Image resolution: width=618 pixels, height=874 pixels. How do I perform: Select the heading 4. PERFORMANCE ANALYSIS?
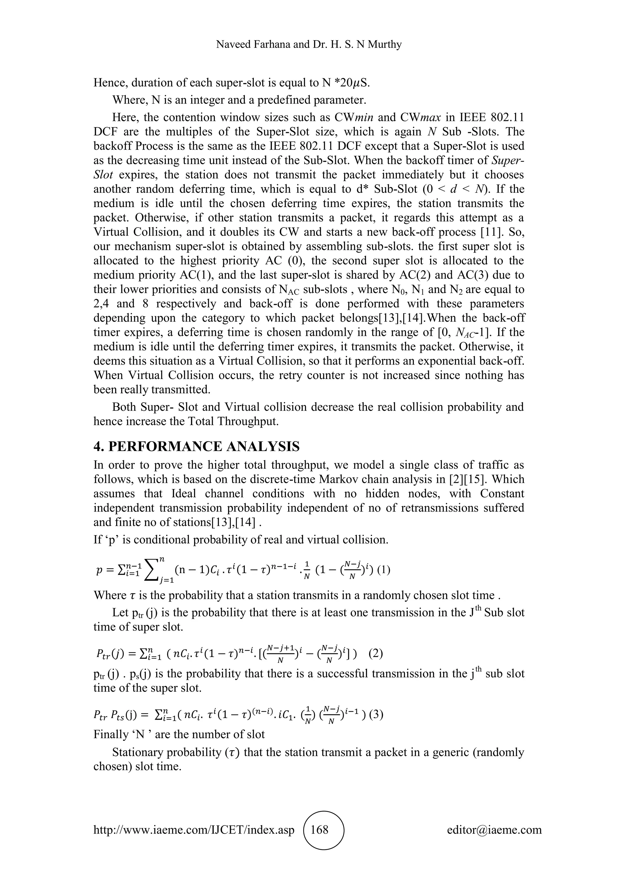point(196,446)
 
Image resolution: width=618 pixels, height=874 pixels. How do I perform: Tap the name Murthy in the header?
point(385,45)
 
